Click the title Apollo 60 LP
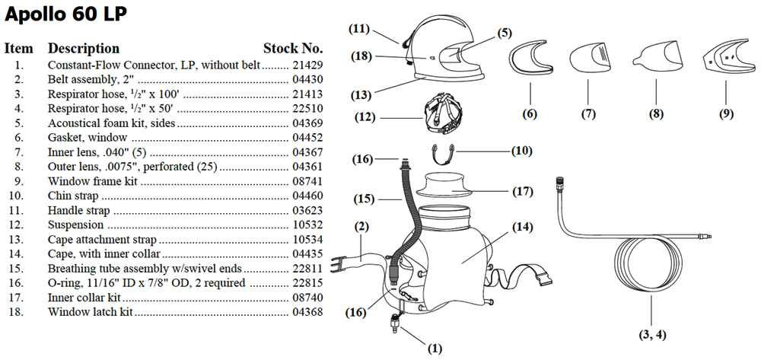[x=65, y=14]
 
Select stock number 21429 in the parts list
[x=307, y=65]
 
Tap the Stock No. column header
[x=293, y=49]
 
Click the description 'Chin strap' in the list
[x=73, y=196]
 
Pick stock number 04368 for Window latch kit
[x=307, y=312]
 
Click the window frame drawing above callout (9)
[x=709, y=63]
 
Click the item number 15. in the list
[x=17, y=269]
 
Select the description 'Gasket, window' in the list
[x=88, y=138]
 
